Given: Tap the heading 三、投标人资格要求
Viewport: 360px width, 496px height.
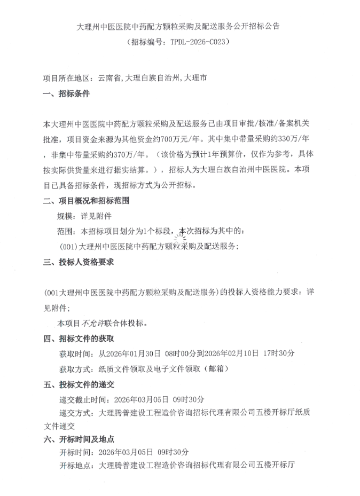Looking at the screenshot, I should [x=79, y=262].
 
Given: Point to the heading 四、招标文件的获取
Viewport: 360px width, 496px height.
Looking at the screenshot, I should [x=79, y=338].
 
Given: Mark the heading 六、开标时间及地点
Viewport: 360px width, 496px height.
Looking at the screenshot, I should [x=79, y=439].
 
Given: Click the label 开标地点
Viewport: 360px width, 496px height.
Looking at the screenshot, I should [x=74, y=466].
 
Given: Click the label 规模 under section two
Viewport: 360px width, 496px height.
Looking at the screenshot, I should [x=65, y=216].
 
